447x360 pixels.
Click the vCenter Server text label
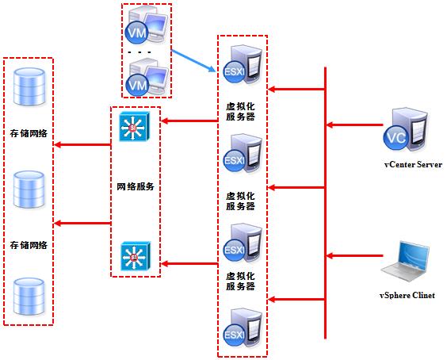[x=411, y=164]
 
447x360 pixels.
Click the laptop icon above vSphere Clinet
[x=409, y=261]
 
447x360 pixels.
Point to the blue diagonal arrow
[x=194, y=58]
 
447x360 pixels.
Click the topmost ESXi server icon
[x=241, y=67]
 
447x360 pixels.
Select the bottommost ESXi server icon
[x=241, y=327]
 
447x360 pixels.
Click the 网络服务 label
[x=134, y=187]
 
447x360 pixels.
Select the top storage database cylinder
[x=29, y=86]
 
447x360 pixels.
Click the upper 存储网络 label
[x=29, y=134]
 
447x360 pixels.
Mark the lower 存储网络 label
[x=29, y=246]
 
